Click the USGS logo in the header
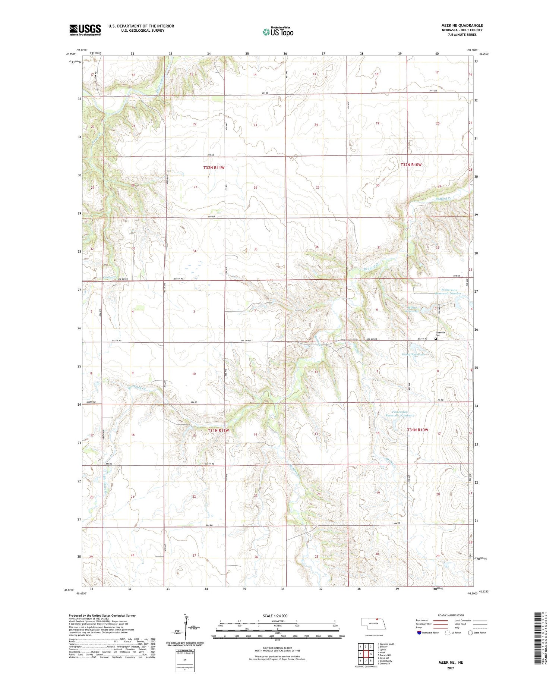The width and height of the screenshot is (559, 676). (85, 30)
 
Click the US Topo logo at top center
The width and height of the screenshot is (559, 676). (278, 32)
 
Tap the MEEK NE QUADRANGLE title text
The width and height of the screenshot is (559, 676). (462, 25)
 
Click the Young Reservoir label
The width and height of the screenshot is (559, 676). (414, 354)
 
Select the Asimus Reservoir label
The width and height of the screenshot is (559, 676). (416, 309)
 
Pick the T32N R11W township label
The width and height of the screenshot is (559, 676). (214, 168)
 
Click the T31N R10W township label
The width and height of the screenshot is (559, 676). (417, 430)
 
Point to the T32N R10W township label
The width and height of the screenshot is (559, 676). (411, 164)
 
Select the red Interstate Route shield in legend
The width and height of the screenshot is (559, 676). (419, 632)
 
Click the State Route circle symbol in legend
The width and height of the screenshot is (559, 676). (470, 632)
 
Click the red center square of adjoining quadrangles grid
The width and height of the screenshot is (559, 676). (371, 653)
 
